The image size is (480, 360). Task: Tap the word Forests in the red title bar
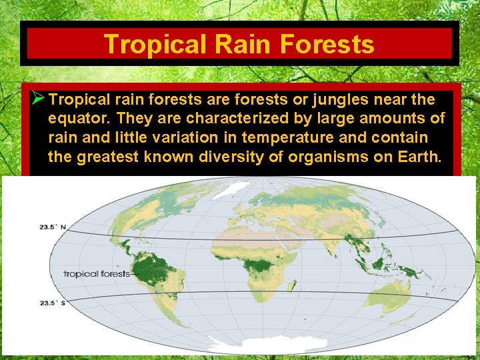point(327,44)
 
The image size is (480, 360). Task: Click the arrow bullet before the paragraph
point(38,100)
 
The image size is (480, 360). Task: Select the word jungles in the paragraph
point(345,100)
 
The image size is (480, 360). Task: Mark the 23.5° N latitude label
point(51,227)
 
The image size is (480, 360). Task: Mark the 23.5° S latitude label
point(51,303)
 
